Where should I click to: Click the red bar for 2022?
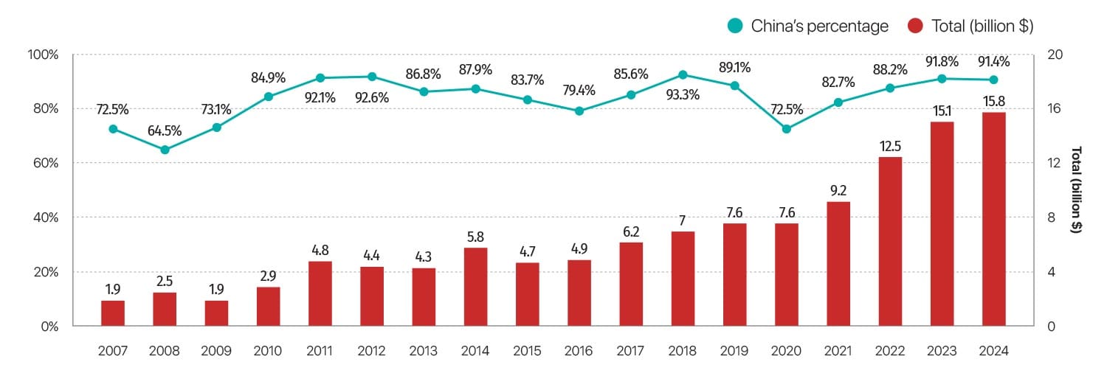[890, 241]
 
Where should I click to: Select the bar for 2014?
[475, 287]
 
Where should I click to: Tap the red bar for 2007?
[113, 313]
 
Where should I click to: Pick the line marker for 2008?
[165, 150]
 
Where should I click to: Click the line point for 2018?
[683, 74]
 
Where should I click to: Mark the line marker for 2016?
[579, 111]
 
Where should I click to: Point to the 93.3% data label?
[683, 95]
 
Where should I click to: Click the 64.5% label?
[165, 132]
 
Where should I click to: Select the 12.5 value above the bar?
[890, 147]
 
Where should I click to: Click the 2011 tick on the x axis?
[320, 352]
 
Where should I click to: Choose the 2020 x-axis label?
[786, 352]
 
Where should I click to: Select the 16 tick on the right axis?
[1054, 108]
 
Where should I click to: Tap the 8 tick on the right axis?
[1052, 217]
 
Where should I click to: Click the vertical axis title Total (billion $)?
[1077, 189]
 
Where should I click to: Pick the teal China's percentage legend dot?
[735, 27]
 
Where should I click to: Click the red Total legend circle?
[917, 27]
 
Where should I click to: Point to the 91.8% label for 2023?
[942, 60]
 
